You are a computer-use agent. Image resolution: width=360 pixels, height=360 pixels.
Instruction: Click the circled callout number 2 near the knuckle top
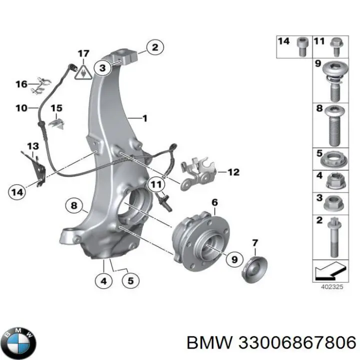click(154, 48)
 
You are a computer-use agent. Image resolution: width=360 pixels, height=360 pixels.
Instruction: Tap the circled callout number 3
click(102, 67)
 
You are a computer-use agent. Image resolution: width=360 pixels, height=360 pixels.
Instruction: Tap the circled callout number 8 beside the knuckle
click(74, 204)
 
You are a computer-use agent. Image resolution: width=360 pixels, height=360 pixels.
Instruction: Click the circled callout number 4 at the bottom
click(103, 282)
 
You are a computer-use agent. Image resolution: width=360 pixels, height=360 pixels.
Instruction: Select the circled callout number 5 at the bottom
click(130, 282)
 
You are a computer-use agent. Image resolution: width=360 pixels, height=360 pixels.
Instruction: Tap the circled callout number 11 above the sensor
click(156, 184)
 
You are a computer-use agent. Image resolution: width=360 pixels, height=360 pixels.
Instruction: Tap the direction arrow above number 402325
click(330, 272)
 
